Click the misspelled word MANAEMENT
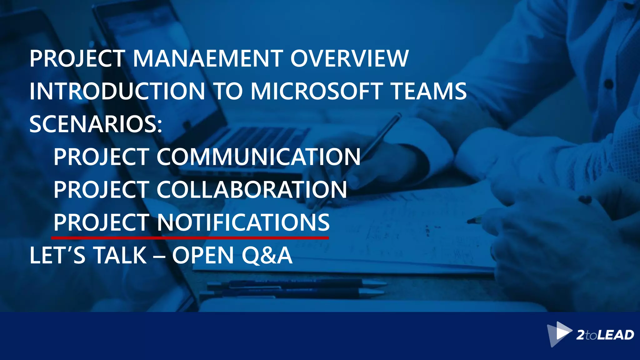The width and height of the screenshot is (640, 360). (x=208, y=59)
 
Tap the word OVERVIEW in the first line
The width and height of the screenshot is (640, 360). (x=349, y=59)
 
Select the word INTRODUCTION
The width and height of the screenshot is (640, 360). (x=117, y=91)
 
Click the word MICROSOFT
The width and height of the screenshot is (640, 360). (x=316, y=91)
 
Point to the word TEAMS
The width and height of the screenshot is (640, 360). (x=429, y=91)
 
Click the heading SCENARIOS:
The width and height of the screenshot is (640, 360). (x=96, y=124)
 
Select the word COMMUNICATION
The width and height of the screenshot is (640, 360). (x=258, y=157)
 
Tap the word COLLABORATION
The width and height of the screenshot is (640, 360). (x=252, y=190)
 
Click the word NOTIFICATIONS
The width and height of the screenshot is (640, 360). (x=243, y=222)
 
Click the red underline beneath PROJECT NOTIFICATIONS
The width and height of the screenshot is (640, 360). (x=190, y=238)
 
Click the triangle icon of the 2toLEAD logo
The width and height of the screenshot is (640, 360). (x=559, y=334)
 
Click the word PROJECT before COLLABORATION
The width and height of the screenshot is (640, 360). (x=101, y=190)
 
